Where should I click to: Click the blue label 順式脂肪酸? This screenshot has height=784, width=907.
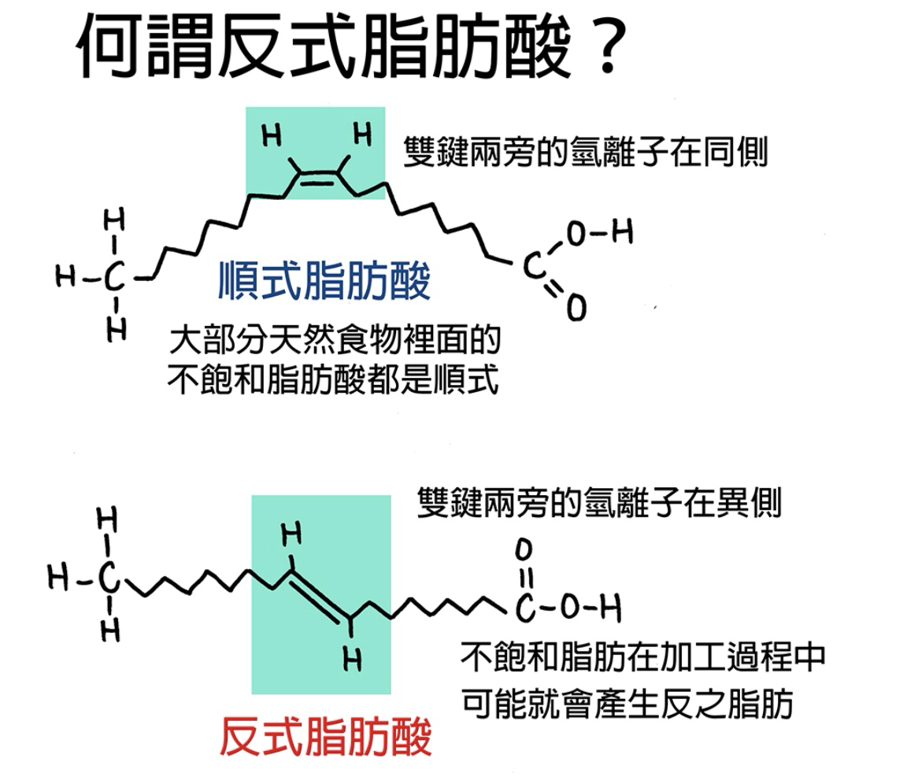324,281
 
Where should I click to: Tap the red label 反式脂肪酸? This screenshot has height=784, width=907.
324,738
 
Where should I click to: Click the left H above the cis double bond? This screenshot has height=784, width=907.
272,136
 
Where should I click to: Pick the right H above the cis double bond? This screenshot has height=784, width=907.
362,135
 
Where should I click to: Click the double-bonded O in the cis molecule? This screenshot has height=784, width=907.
576,308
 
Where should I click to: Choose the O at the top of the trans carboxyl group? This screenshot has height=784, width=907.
525,548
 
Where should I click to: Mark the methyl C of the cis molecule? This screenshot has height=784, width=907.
115,276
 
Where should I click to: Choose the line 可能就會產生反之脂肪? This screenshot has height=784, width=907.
627,703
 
